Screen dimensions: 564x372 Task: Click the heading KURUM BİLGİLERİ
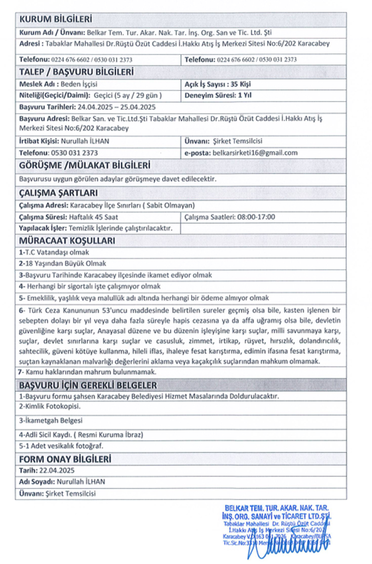pos(55,20)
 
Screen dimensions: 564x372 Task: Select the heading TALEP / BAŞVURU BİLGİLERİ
pos(76,72)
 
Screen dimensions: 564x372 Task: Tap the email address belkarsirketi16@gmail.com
pos(254,153)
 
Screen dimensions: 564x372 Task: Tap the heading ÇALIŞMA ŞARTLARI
pos(58,193)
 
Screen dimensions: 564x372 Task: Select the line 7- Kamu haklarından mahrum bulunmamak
pos(87,372)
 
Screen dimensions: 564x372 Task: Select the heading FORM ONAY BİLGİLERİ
pos(64,459)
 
